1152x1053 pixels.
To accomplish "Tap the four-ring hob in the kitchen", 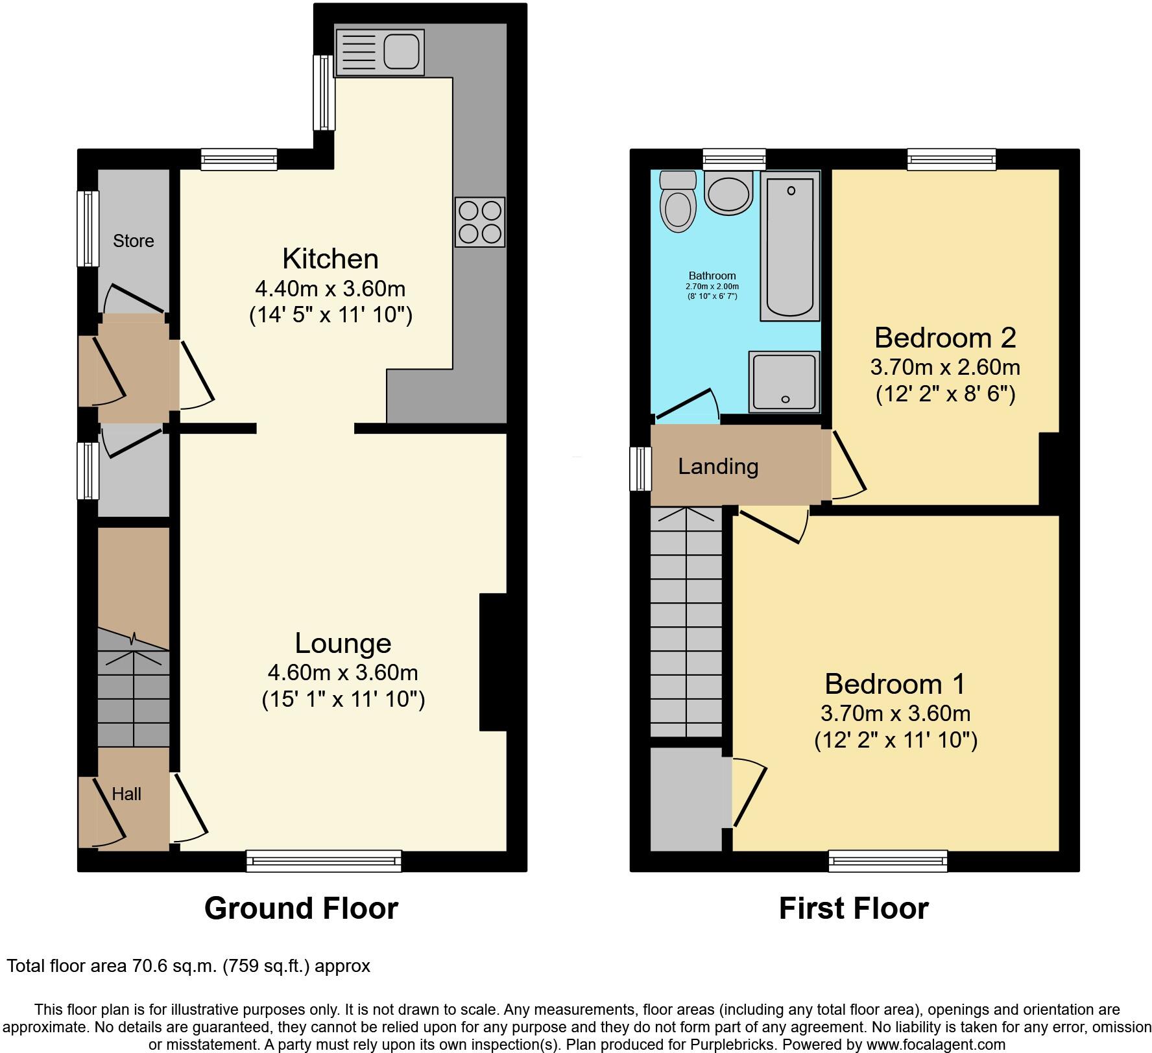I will pos(480,222).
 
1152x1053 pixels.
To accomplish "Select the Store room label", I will pos(134,241).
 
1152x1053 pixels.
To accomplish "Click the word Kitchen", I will pos(330,259).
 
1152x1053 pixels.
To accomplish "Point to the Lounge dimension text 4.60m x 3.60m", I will pos(342,672).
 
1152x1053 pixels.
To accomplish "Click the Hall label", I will pos(126,794).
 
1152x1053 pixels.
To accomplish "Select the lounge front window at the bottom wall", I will pos(324,860).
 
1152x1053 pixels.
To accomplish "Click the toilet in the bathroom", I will pos(677,202).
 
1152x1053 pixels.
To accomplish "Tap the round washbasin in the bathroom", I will pos(728,192).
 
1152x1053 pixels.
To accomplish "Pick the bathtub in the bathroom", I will pos(790,246).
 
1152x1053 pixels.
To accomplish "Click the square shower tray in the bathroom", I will pos(784,381).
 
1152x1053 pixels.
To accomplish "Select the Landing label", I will pos(718,466).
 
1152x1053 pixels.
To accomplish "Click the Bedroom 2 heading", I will pos(944,338).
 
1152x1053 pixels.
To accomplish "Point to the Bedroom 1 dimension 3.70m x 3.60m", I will pos(895,713).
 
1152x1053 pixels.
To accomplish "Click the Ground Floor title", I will pos(301,908).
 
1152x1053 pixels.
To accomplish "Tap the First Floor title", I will pos(853,908).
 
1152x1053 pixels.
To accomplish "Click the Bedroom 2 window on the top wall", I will pos(951,159).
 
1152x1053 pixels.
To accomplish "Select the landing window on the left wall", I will pos(641,468).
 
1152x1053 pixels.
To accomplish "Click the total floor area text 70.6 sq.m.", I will pos(188,966).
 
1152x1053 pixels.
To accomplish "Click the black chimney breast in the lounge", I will pos(492,662).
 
